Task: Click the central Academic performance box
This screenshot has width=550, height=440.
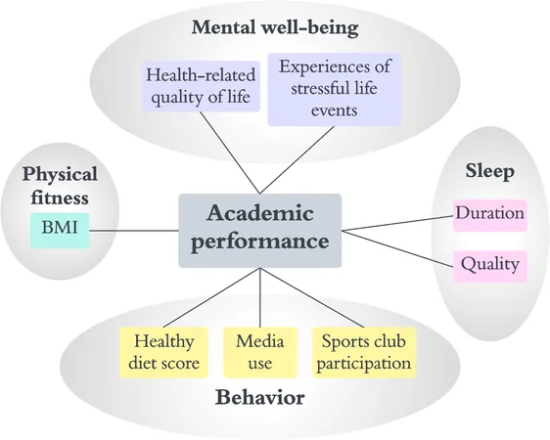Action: (x=260, y=231)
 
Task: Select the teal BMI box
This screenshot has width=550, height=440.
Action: (x=60, y=231)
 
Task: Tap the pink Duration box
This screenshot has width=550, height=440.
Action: (x=489, y=215)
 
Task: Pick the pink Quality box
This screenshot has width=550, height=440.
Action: (x=489, y=267)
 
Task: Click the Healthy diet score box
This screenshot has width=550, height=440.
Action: (x=163, y=352)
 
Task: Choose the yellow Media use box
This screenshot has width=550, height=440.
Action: (x=260, y=352)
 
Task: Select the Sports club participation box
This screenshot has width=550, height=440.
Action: (x=364, y=352)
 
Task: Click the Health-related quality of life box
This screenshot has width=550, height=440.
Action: (x=201, y=86)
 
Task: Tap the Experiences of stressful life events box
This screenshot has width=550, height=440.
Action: (x=335, y=89)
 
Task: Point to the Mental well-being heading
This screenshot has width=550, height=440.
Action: (x=275, y=27)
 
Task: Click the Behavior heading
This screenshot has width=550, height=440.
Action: (x=260, y=398)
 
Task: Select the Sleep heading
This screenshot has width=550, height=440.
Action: (x=490, y=172)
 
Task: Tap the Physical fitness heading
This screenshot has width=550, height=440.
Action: (x=60, y=186)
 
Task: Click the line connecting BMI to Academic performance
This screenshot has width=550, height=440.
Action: (x=134, y=231)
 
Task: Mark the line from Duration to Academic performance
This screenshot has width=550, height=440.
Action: (x=397, y=223)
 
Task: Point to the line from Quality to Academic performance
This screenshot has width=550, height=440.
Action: (x=397, y=248)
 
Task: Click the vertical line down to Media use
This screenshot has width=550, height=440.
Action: (x=260, y=298)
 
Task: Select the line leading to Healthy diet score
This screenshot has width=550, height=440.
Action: (x=211, y=298)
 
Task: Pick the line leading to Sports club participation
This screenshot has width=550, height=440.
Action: (x=312, y=298)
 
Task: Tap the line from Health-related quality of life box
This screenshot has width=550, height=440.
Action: (x=230, y=153)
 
